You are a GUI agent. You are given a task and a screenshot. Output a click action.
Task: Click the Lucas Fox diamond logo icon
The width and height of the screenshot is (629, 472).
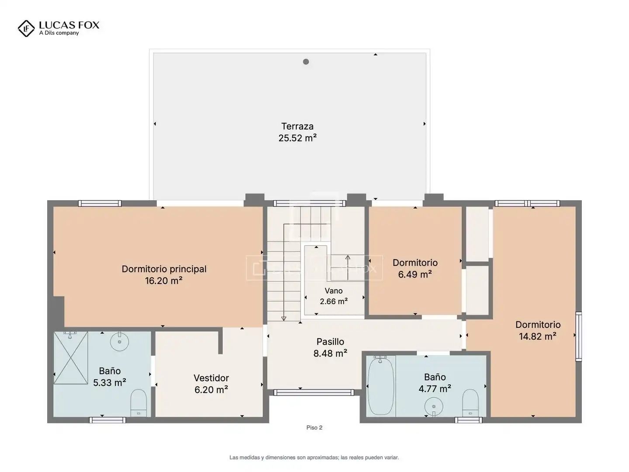pyautogui.click(x=26, y=28)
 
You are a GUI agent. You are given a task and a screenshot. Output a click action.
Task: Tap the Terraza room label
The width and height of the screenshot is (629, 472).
pyautogui.click(x=297, y=126)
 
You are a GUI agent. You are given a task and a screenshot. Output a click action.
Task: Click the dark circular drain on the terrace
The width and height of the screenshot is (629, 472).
pyautogui.click(x=306, y=62)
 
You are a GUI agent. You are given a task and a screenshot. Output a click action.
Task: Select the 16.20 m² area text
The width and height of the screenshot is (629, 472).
pyautogui.click(x=164, y=281)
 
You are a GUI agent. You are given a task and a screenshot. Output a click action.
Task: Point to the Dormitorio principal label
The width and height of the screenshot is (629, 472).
pyautogui.click(x=164, y=269)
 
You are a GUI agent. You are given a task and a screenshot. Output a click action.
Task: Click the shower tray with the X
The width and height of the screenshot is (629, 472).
pyautogui.click(x=71, y=357)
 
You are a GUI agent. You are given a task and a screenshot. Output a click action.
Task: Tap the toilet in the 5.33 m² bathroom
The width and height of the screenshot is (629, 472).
pyautogui.click(x=138, y=403)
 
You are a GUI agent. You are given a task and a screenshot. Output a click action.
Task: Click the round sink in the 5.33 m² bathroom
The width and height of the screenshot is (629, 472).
pyautogui.click(x=120, y=341)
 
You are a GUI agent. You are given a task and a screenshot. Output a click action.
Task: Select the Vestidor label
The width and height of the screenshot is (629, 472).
pyautogui.click(x=211, y=378)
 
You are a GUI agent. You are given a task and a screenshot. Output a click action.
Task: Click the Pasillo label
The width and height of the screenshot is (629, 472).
pyautogui.click(x=330, y=341)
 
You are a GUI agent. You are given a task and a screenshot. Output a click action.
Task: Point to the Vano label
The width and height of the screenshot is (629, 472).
pyautogui.click(x=334, y=291)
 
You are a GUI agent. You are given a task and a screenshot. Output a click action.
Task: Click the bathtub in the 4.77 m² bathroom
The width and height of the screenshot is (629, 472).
pyautogui.click(x=380, y=386)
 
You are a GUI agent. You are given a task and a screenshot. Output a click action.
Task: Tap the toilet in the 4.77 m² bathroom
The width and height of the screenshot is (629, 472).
pyautogui.click(x=470, y=403)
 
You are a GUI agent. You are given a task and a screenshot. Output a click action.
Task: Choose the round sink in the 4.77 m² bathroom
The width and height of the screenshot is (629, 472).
pyautogui.click(x=434, y=406)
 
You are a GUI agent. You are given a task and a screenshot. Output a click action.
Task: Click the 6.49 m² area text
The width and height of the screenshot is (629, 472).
pyautogui.click(x=415, y=274)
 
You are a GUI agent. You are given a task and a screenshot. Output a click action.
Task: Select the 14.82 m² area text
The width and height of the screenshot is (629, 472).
pyautogui.click(x=538, y=336)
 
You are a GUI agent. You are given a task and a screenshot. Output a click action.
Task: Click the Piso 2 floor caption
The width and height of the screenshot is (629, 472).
pyautogui.click(x=314, y=427)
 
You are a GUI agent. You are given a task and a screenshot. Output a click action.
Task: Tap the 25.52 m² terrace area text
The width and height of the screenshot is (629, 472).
pyautogui.click(x=297, y=138)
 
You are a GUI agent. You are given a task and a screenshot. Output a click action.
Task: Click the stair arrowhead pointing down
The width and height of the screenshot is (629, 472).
pyautogui.click(x=283, y=319)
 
